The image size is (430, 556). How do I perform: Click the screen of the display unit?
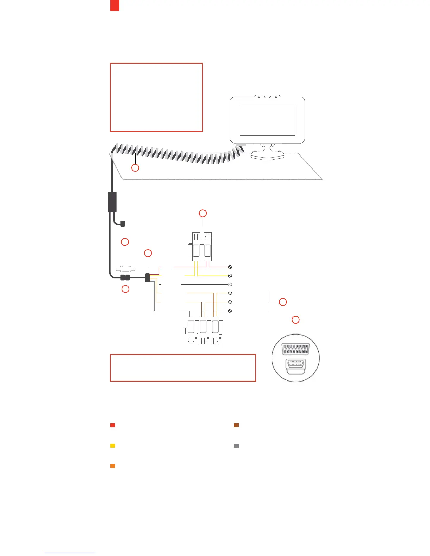pos(267,120)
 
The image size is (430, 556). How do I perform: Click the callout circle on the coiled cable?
pos(135,168)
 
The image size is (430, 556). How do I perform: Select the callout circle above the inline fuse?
pos(125,242)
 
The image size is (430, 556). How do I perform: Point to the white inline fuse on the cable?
pos(125,269)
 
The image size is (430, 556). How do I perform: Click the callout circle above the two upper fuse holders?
pos(203,213)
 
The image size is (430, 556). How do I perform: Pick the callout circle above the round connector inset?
pos(296,320)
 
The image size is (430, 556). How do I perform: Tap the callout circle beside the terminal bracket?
pos(283,302)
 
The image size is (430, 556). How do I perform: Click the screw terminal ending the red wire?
pos(230,267)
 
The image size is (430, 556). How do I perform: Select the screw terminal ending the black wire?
pos(230,285)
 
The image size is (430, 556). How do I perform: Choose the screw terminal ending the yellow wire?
pos(230,276)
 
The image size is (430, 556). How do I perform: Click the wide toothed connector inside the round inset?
pos(296,350)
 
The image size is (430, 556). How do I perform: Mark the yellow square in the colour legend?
pos(113,446)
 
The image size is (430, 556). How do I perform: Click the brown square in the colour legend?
pos(236,425)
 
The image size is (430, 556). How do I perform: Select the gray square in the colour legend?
pos(236,446)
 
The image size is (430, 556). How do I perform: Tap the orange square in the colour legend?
pos(113,466)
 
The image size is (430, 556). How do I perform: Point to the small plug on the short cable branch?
pos(123,224)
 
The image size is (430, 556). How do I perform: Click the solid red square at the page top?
pos(115,5)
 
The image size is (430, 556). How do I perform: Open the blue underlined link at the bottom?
pos(70,553)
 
